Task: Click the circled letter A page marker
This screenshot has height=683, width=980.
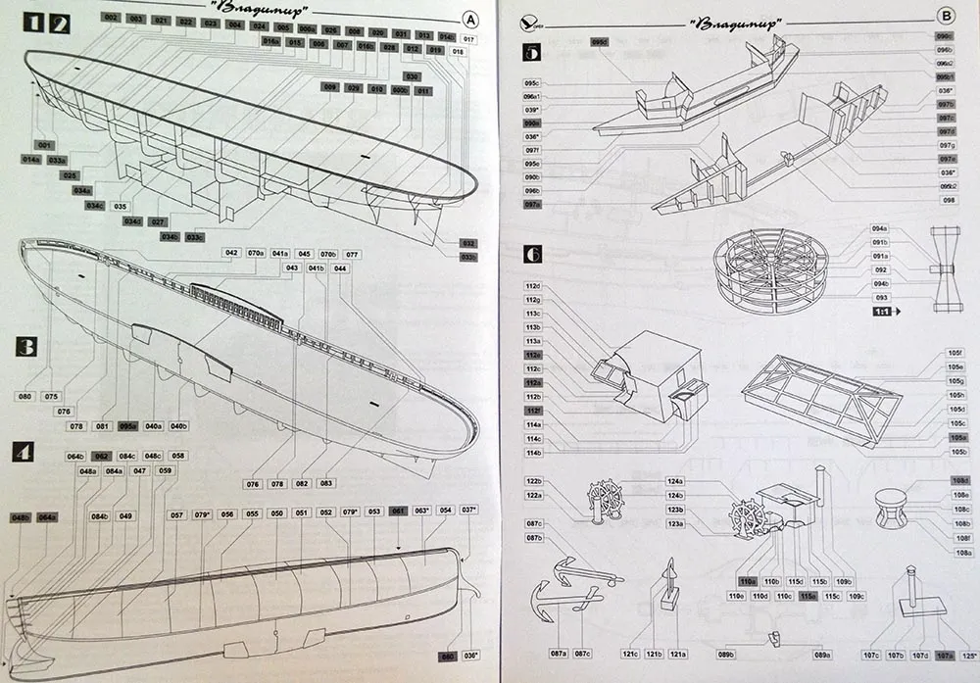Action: point(471,18)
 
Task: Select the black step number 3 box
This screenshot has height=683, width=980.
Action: point(26,347)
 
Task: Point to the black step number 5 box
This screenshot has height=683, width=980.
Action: point(532,53)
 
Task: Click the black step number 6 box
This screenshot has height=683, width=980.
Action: point(532,255)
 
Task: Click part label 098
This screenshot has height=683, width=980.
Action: point(948,200)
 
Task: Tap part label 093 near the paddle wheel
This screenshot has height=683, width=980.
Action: point(881,297)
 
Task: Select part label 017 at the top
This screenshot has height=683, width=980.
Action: point(469,38)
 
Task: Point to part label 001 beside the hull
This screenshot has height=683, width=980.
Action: point(45,145)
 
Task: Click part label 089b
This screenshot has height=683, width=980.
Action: point(726,655)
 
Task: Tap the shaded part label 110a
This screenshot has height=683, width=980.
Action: point(748,581)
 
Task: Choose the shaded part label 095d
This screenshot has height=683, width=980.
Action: point(600,42)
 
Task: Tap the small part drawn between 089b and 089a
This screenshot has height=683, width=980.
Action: point(774,638)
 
